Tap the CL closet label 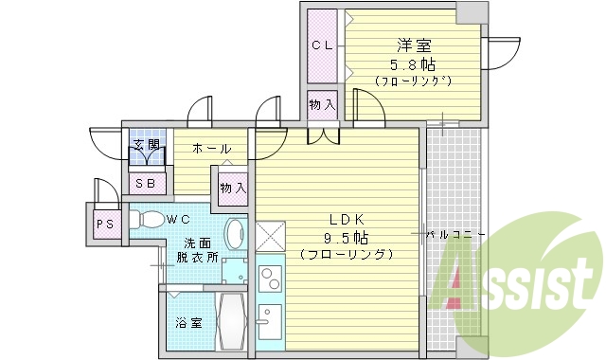(x=321, y=45)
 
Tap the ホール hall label (x=211, y=149)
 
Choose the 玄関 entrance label (x=145, y=145)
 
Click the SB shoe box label (x=147, y=183)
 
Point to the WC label (x=179, y=220)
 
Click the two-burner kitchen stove (x=269, y=280)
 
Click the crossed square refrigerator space (x=269, y=234)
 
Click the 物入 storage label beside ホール (x=232, y=187)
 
